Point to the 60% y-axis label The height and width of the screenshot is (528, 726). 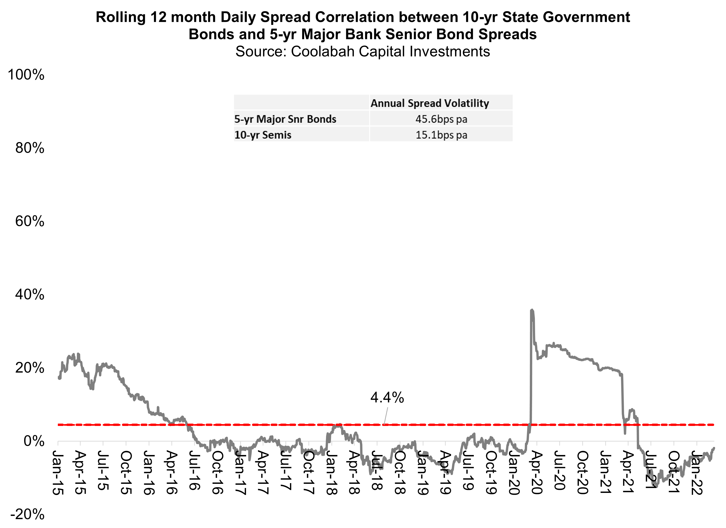pyautogui.click(x=30, y=221)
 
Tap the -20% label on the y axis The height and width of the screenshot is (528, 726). pyautogui.click(x=28, y=515)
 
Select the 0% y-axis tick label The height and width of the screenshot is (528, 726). pyautogui.click(x=34, y=442)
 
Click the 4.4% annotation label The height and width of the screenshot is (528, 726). pyautogui.click(x=387, y=398)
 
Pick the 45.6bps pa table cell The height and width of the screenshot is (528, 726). pyautogui.click(x=441, y=119)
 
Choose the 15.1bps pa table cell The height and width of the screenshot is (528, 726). pyautogui.click(x=441, y=135)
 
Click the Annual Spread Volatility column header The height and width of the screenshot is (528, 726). pyautogui.click(x=430, y=103)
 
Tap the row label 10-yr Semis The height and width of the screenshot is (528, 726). pyautogui.click(x=263, y=135)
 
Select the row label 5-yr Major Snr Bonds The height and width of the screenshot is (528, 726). pyautogui.click(x=285, y=119)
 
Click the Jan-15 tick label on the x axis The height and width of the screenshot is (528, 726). pyautogui.click(x=58, y=473)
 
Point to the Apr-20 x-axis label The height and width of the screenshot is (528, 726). pyautogui.click(x=537, y=473)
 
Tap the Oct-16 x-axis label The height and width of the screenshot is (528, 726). pyautogui.click(x=217, y=473)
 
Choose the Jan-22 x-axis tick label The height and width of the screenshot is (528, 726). pyautogui.click(x=697, y=473)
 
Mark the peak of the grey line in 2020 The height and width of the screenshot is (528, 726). pyautogui.click(x=532, y=310)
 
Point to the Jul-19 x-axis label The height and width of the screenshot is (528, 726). pyautogui.click(x=468, y=471)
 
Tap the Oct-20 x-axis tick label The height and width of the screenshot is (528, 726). pyautogui.click(x=582, y=473)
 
